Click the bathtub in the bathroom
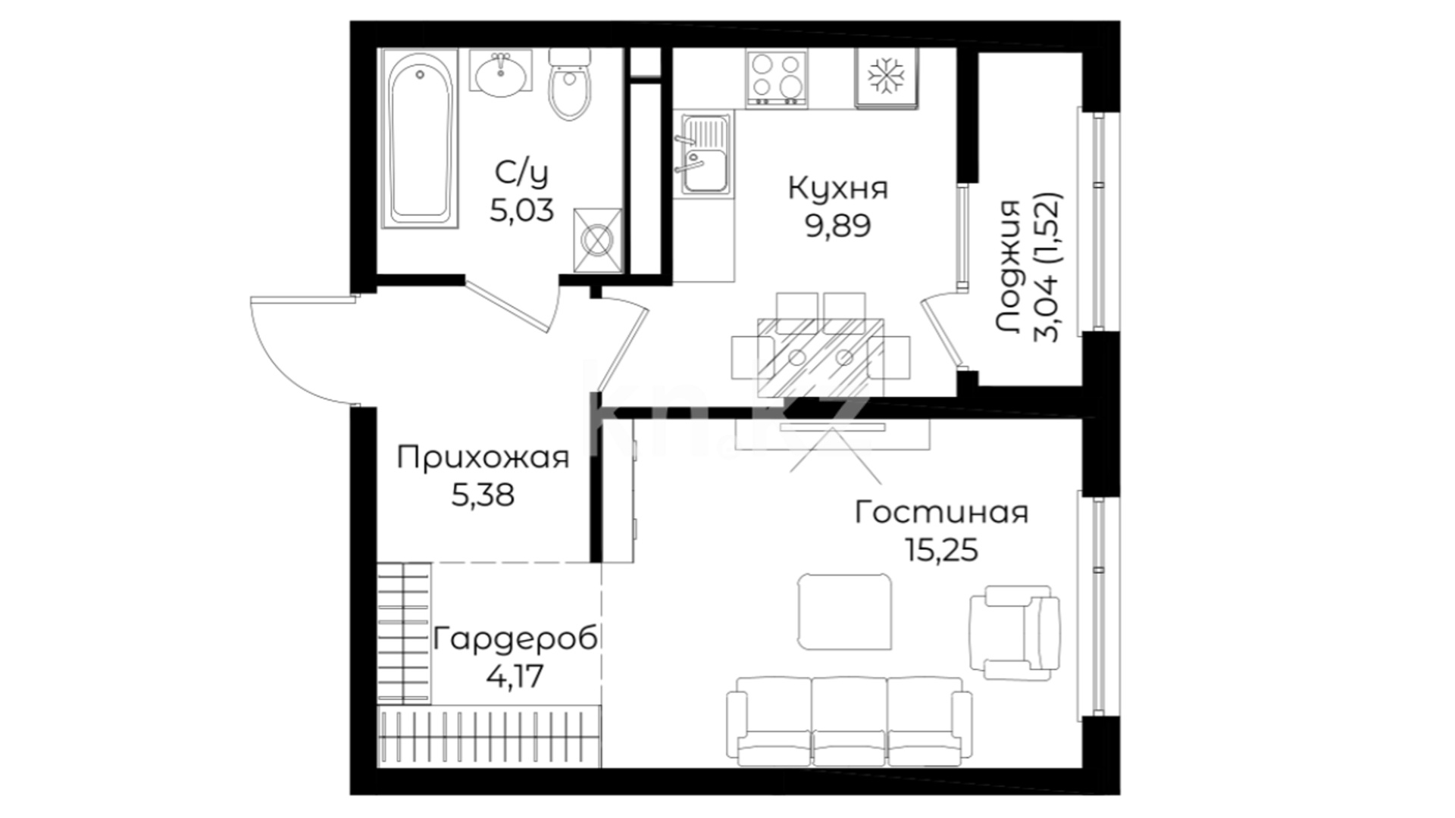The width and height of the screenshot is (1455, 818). point(421,139)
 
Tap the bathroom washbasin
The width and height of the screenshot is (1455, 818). point(501,74)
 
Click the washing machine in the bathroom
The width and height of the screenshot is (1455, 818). point(598,240)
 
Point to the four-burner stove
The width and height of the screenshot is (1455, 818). point(776,77)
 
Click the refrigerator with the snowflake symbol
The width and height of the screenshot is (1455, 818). point(886,78)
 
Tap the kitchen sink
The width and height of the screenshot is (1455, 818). point(706,155)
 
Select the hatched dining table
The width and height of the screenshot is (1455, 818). point(821,356)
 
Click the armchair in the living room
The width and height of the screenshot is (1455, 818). point(1015,632)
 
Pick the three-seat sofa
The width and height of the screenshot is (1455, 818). point(849,722)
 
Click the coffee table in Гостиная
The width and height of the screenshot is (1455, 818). point(845,611)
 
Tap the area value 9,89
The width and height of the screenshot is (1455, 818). point(838,225)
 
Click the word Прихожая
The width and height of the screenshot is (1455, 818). point(483,458)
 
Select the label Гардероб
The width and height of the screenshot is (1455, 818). point(515,639)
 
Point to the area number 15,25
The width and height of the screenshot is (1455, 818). point(942,550)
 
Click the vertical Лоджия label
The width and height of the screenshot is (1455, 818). point(1009,267)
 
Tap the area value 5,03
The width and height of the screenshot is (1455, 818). point(521,210)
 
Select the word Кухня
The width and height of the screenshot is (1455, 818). point(838,189)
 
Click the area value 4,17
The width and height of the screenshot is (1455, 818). point(515,676)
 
